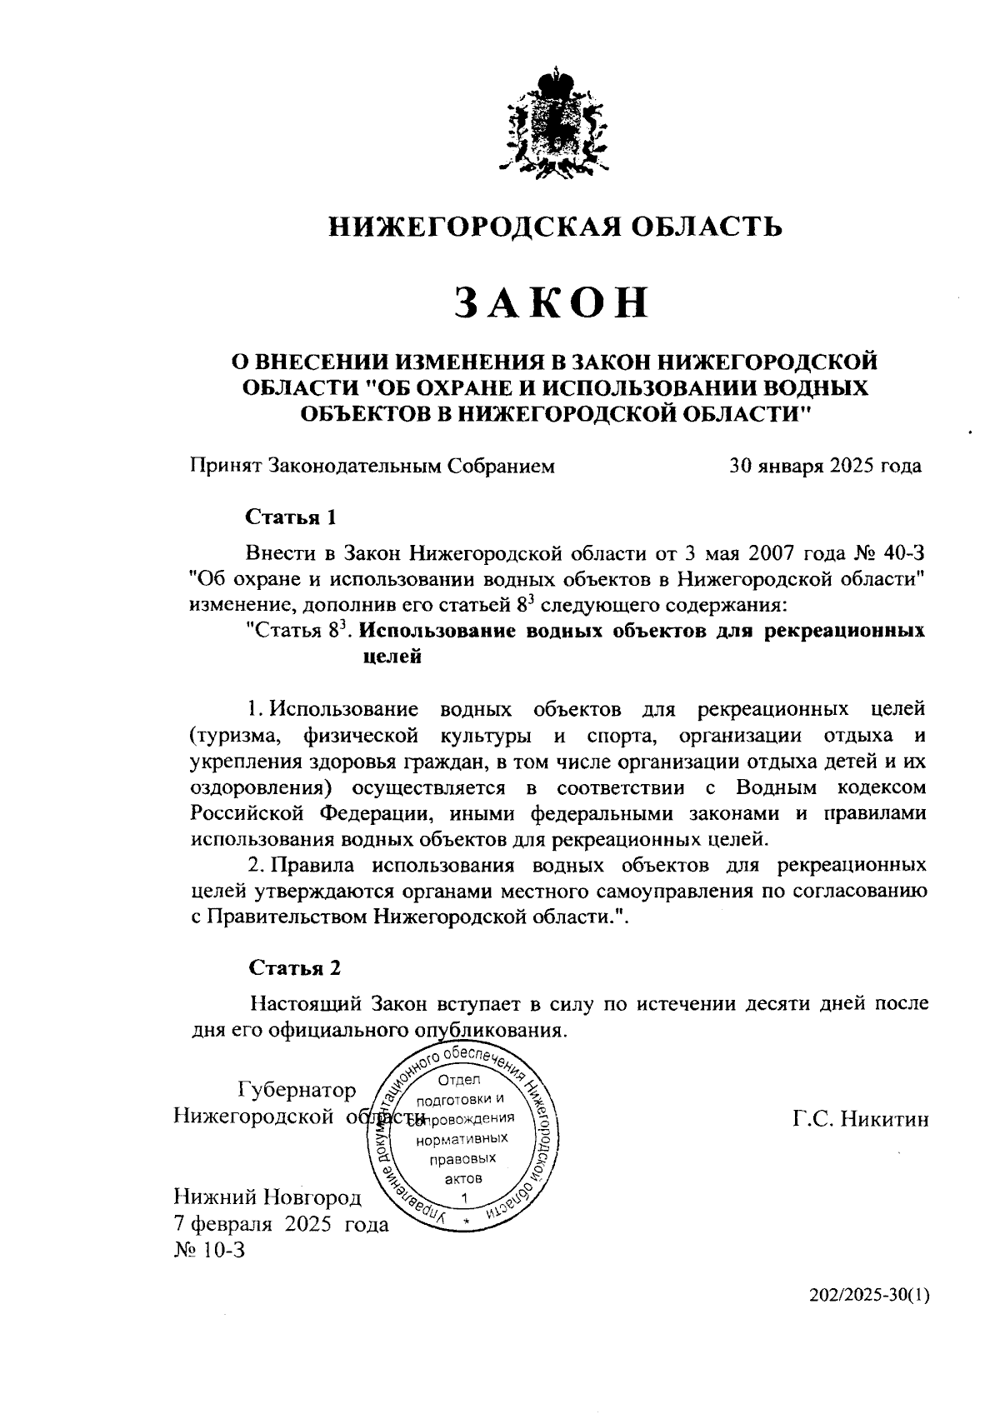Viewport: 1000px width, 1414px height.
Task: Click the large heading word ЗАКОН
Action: [x=552, y=303]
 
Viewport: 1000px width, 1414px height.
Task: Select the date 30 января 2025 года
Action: [x=825, y=466]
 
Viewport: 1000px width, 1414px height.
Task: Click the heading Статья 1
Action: [x=291, y=517]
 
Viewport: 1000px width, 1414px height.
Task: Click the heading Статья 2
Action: [x=295, y=967]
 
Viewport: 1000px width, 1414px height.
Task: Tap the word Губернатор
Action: [x=297, y=1090]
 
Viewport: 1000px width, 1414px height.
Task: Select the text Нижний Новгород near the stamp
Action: [x=267, y=1198]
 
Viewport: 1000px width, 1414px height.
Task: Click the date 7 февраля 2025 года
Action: [x=281, y=1225]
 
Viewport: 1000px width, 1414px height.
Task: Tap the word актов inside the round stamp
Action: [x=463, y=1179]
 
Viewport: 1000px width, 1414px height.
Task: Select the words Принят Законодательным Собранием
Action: [x=372, y=466]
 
